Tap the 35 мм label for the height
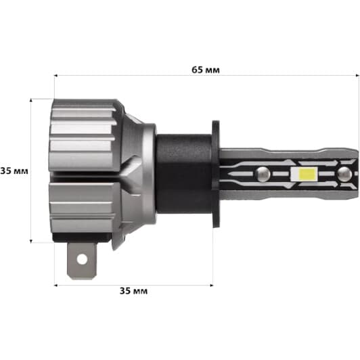click(x=14, y=171)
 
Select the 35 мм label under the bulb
click(x=133, y=291)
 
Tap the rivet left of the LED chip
click(x=263, y=175)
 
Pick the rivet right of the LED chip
click(x=343, y=174)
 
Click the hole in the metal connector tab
click(x=82, y=258)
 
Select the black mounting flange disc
click(x=216, y=169)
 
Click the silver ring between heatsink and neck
click(x=148, y=169)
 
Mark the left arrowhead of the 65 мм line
click(x=56, y=76)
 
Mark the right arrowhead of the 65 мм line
click(x=357, y=76)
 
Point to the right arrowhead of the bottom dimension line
click(x=211, y=285)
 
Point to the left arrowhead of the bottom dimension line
click(x=56, y=285)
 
